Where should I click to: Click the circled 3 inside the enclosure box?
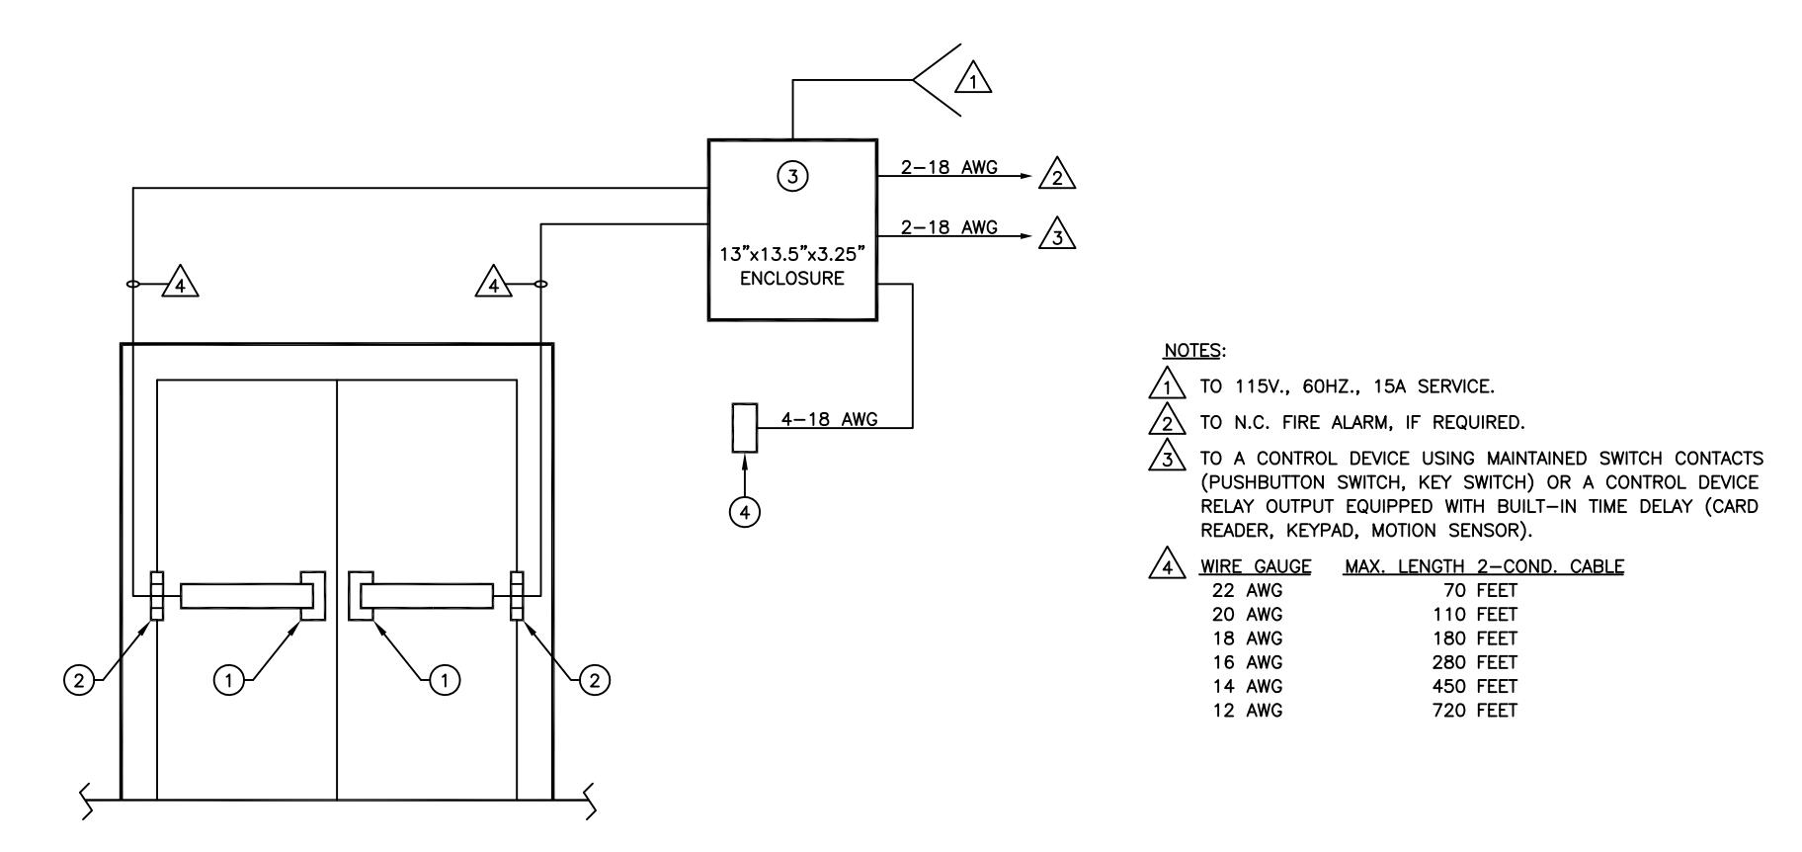point(792,177)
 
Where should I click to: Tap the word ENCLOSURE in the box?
point(792,279)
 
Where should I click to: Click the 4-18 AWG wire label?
point(829,419)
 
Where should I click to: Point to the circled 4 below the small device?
point(745,512)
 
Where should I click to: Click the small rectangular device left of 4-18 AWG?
point(745,428)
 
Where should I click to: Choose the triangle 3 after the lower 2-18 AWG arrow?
point(1057,233)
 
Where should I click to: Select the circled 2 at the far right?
point(595,680)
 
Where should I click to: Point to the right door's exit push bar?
point(427,595)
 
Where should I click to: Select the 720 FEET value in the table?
point(1474,711)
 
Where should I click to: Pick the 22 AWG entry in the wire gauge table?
point(1248,591)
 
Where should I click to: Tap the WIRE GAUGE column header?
point(1256,566)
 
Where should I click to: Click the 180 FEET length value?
point(1474,639)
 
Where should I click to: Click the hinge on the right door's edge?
point(516,595)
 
